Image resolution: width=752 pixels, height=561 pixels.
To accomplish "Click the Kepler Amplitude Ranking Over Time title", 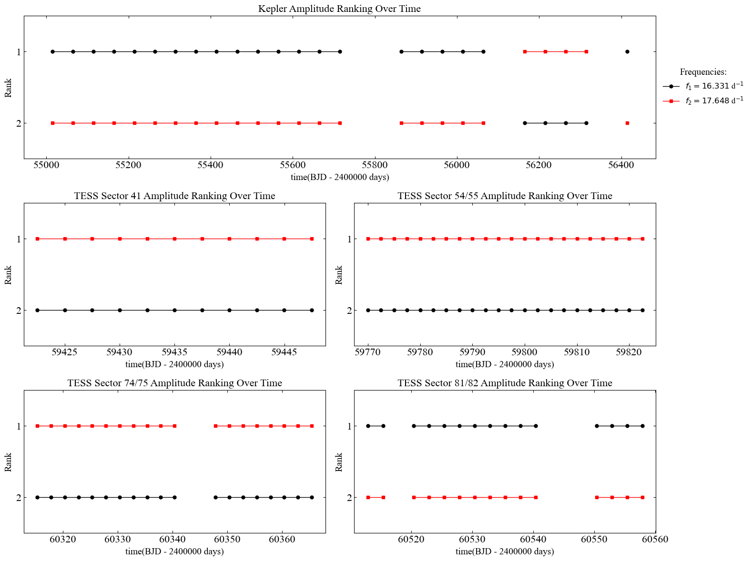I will tap(339, 9).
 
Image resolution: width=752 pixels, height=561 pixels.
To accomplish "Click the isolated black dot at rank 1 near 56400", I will tap(627, 51).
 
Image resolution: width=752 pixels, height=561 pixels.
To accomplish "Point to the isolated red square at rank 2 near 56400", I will tap(627, 123).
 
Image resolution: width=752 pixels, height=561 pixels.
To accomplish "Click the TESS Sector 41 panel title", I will tap(174, 196).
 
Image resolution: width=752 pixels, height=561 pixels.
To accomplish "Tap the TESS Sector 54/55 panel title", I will tap(505, 196).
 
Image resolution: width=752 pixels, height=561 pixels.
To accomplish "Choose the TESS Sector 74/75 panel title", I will tap(174, 383).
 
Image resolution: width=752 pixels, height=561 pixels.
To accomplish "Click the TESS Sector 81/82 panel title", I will tap(505, 383).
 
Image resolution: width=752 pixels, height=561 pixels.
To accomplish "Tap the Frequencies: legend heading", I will tap(703, 72).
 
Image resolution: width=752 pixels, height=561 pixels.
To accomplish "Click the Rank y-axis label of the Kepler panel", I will tap(9, 88).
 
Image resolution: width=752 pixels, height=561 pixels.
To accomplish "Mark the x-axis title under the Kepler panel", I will tap(340, 178).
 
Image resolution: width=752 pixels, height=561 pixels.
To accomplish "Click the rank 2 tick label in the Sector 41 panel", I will tap(19, 311).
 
